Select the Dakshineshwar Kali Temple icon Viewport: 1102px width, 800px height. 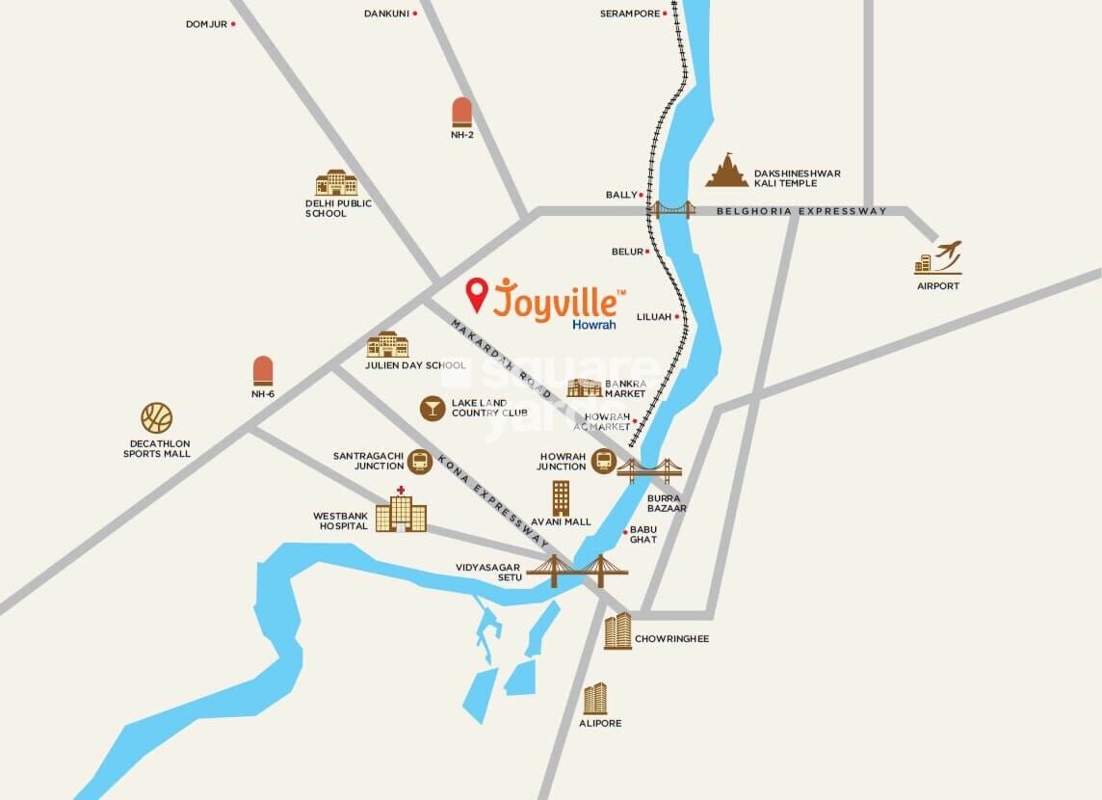(x=726, y=171)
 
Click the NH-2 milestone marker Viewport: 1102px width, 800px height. (x=461, y=112)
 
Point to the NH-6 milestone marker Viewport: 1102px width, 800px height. (x=263, y=371)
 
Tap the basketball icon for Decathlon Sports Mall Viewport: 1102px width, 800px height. (x=156, y=417)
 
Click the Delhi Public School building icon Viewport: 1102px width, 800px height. (x=336, y=182)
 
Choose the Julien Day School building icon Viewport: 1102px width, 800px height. (x=387, y=344)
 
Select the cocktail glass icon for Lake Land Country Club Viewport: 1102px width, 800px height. (x=433, y=408)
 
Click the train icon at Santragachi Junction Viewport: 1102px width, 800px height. (x=419, y=461)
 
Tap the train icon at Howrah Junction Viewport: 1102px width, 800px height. (x=603, y=462)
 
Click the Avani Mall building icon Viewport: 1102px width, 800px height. (x=561, y=498)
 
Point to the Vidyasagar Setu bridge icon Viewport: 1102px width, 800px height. (x=577, y=571)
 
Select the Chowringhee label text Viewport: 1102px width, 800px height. (x=671, y=638)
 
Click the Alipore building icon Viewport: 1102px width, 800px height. (x=595, y=698)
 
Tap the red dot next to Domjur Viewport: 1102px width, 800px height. (x=234, y=24)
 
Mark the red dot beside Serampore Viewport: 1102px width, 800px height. (x=667, y=13)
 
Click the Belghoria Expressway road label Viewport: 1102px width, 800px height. (x=801, y=211)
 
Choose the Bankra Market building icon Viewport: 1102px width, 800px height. (x=585, y=387)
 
